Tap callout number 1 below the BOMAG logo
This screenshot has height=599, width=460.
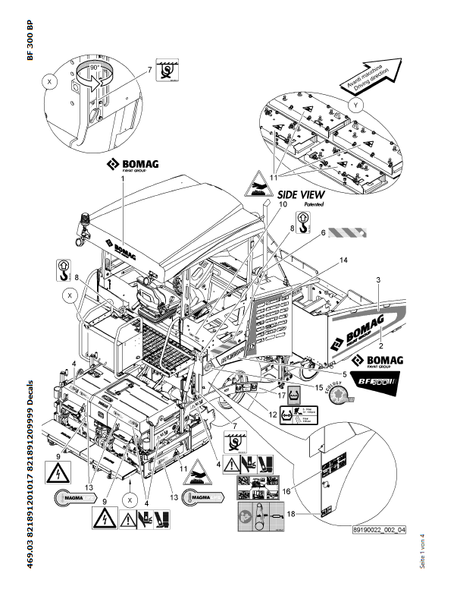coord(122,179)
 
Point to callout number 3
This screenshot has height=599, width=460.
coord(377,281)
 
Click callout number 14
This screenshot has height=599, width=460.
coord(343,260)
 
